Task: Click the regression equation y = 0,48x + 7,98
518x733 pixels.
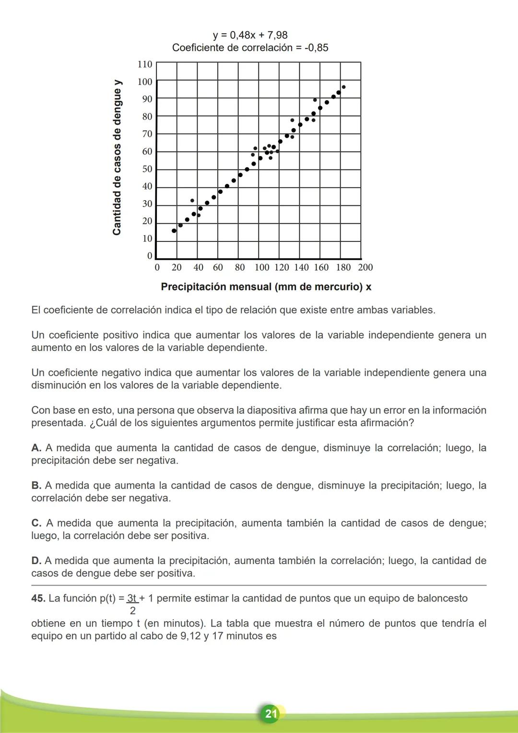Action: pyautogui.click(x=250, y=35)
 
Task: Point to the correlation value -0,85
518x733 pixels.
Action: pyautogui.click(x=316, y=48)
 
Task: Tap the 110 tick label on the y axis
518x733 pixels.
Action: pyautogui.click(x=145, y=64)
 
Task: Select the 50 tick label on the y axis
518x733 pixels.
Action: pyautogui.click(x=147, y=169)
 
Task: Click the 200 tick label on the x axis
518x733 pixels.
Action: pyautogui.click(x=365, y=268)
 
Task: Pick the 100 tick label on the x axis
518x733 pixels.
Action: pyautogui.click(x=261, y=268)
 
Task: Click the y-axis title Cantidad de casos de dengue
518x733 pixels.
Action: pyautogui.click(x=117, y=157)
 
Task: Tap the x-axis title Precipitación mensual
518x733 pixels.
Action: pyautogui.click(x=266, y=287)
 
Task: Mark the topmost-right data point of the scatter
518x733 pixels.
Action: pyautogui.click(x=343, y=87)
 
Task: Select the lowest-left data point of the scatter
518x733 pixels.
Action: pyautogui.click(x=174, y=231)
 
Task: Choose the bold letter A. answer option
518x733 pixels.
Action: pyautogui.click(x=36, y=448)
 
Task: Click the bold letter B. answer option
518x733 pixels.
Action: pyautogui.click(x=36, y=486)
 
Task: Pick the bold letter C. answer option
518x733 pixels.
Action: pyautogui.click(x=36, y=523)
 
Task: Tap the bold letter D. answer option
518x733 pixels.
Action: pyautogui.click(x=36, y=561)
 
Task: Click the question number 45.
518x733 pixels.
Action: pyautogui.click(x=38, y=599)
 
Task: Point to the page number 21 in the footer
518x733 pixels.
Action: pyautogui.click(x=271, y=714)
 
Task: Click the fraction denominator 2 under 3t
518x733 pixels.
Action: pyautogui.click(x=133, y=611)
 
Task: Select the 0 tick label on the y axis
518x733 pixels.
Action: pyautogui.click(x=150, y=256)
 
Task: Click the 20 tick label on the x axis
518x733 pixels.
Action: pyautogui.click(x=177, y=268)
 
